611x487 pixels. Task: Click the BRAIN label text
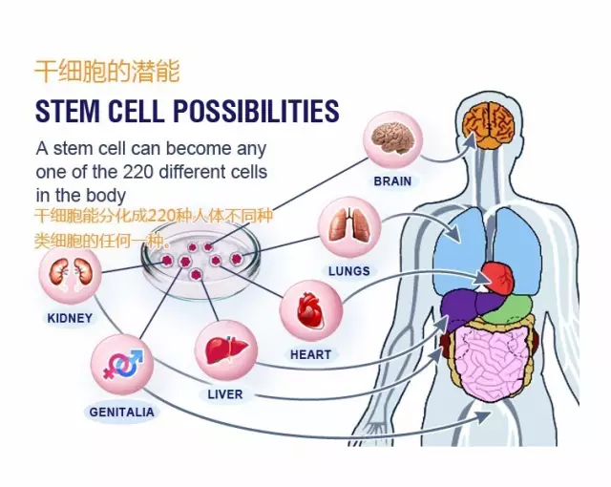[x=392, y=181]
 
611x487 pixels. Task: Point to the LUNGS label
[x=348, y=271]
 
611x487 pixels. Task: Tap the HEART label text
[x=310, y=354]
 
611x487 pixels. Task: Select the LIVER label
[x=225, y=394]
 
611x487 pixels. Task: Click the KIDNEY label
[x=71, y=318]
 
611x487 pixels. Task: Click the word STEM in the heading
[x=67, y=111]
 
